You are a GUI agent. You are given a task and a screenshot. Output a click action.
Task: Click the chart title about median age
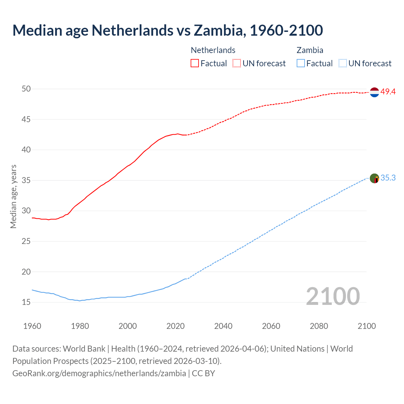click(168, 30)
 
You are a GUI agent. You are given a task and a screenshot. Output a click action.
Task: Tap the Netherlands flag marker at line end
click(374, 92)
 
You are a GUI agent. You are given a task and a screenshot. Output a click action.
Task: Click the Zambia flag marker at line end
click(374, 178)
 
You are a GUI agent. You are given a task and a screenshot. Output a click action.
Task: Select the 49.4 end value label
click(388, 92)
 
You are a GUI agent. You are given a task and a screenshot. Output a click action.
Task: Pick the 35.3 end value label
click(388, 178)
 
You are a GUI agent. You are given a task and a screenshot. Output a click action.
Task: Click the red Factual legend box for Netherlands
click(195, 63)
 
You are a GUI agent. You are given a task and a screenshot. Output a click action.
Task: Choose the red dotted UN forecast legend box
click(237, 63)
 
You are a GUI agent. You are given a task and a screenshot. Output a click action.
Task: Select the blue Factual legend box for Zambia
click(301, 63)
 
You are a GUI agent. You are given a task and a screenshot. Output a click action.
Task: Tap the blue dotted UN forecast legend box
click(343, 63)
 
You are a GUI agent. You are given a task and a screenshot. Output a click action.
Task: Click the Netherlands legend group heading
click(213, 50)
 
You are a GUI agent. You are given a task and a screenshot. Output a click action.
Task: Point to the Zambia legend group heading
click(310, 50)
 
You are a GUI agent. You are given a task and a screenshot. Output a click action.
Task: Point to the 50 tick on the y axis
click(26, 89)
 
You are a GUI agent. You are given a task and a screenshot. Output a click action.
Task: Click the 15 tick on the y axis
click(26, 302)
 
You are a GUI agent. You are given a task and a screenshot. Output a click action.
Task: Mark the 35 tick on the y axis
click(26, 181)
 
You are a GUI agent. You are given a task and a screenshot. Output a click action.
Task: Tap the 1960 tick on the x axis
click(32, 326)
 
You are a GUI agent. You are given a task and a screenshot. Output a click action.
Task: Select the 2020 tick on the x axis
click(175, 326)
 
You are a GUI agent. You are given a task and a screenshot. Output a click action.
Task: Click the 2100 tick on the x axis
click(367, 326)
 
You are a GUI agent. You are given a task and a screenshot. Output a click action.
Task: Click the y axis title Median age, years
click(13, 196)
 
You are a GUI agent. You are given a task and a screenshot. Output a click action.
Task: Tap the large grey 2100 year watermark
click(333, 296)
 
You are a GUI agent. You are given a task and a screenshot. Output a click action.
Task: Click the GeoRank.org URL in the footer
click(99, 373)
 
